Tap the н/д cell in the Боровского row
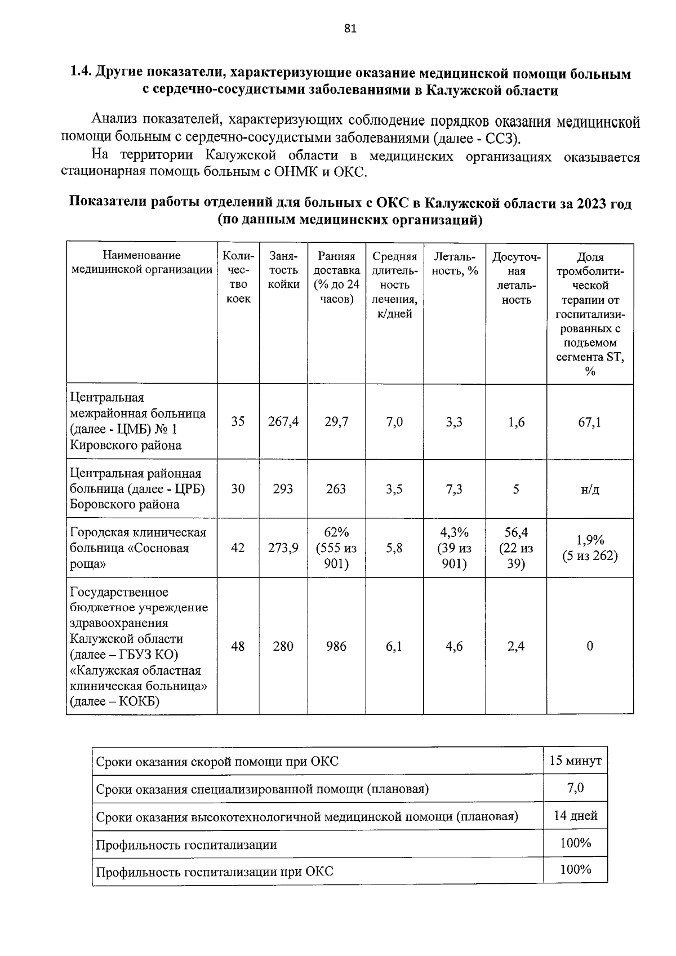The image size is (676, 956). pyautogui.click(x=589, y=489)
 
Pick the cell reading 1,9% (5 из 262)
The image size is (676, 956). pyautogui.click(x=589, y=548)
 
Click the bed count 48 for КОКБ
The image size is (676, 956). pyautogui.click(x=238, y=646)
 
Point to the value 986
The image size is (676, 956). pyautogui.click(x=336, y=646)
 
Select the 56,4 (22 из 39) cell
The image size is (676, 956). pyautogui.click(x=516, y=548)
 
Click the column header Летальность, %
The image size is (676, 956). pyautogui.click(x=454, y=264)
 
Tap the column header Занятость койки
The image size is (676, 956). pyautogui.click(x=283, y=270)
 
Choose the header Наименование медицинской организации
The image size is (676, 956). pyautogui.click(x=142, y=263)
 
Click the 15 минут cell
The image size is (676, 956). pyautogui.click(x=575, y=761)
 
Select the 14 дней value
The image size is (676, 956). pyautogui.click(x=575, y=815)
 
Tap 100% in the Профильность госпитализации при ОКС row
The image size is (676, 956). pyautogui.click(x=575, y=869)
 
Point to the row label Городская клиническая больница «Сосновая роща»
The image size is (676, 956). pyautogui.click(x=138, y=548)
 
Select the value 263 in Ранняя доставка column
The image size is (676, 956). pyautogui.click(x=336, y=489)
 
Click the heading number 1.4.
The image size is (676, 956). pyautogui.click(x=80, y=74)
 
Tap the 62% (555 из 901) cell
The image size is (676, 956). pyautogui.click(x=336, y=548)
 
